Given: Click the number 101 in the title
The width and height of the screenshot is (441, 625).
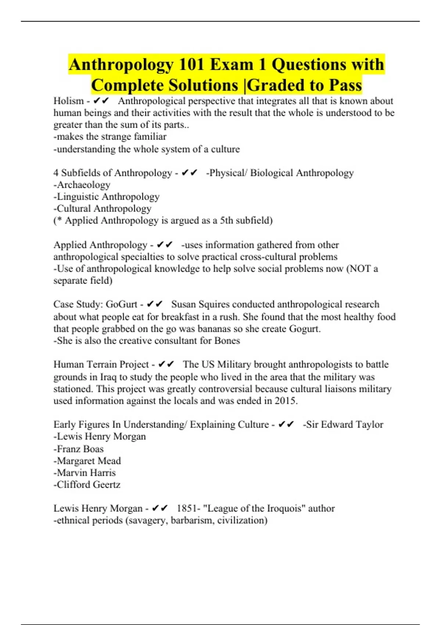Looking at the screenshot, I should pyautogui.click(x=191, y=65).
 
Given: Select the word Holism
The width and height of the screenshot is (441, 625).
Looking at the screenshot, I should pyautogui.click(x=69, y=101).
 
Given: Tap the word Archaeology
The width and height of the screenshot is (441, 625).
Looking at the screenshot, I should pyautogui.click(x=84, y=185).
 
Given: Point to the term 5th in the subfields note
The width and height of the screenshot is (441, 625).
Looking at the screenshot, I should pyautogui.click(x=226, y=221).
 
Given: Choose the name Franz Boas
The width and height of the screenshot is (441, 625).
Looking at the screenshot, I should pyautogui.click(x=80, y=449).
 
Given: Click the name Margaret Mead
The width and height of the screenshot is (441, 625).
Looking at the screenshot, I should pyautogui.click(x=89, y=461).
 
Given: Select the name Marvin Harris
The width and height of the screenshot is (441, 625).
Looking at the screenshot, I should pyautogui.click(x=86, y=473).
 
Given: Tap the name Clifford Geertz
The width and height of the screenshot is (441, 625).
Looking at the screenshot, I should pyautogui.click(x=89, y=485).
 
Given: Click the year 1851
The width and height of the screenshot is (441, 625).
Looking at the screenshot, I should pyautogui.click(x=187, y=508).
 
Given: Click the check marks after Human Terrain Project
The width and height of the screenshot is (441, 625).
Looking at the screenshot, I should pyautogui.click(x=166, y=364).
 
